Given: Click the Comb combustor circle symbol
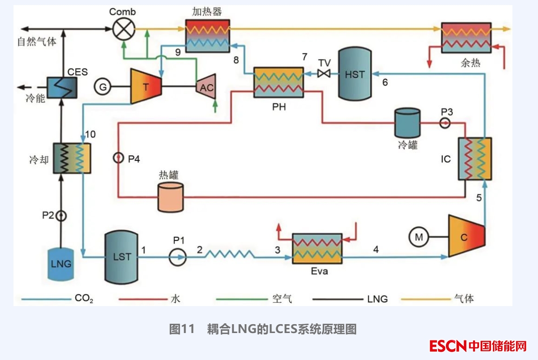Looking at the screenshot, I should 123,29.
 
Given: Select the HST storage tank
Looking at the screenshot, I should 355,74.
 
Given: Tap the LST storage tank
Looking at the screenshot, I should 122,257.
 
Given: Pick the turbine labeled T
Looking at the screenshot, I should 146,86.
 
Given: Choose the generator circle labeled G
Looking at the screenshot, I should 103,86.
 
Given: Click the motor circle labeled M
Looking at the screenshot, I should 419,238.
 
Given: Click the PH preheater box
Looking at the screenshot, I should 278,82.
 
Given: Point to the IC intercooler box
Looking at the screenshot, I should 475,159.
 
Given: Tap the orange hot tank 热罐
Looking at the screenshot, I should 170,198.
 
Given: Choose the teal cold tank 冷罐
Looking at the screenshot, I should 407,123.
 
